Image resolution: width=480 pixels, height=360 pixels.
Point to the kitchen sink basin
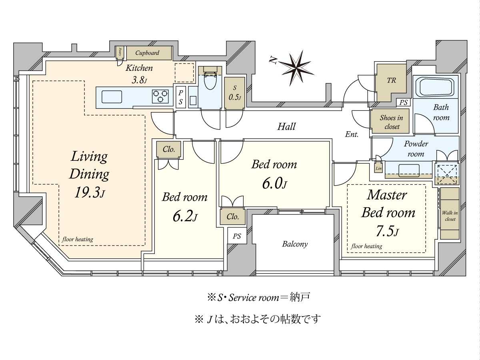[112, 97]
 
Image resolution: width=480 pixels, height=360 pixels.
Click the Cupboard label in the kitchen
[147, 53]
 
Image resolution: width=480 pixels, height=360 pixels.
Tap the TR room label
[391, 80]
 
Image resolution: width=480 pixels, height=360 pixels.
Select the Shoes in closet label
[391, 122]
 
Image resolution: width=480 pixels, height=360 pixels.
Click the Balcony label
[295, 244]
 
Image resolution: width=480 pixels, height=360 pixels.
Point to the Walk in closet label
[450, 216]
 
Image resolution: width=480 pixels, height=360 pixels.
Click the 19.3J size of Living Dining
[89, 193]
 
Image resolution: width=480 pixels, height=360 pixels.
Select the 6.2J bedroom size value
[185, 217]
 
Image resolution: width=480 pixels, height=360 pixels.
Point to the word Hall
[286, 127]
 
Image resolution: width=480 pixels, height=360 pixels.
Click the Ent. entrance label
[352, 134]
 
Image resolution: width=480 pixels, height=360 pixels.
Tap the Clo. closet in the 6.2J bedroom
[168, 150]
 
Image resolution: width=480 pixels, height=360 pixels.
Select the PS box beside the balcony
[237, 236]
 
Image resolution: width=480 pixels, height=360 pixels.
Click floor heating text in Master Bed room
[367, 246]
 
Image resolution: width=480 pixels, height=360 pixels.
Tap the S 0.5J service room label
[234, 93]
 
